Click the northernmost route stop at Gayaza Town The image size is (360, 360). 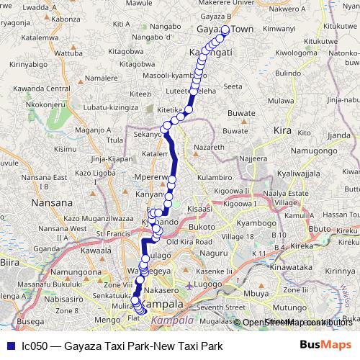tap(225, 30)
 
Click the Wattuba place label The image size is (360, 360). tap(69, 53)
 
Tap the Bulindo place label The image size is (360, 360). tap(288, 73)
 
